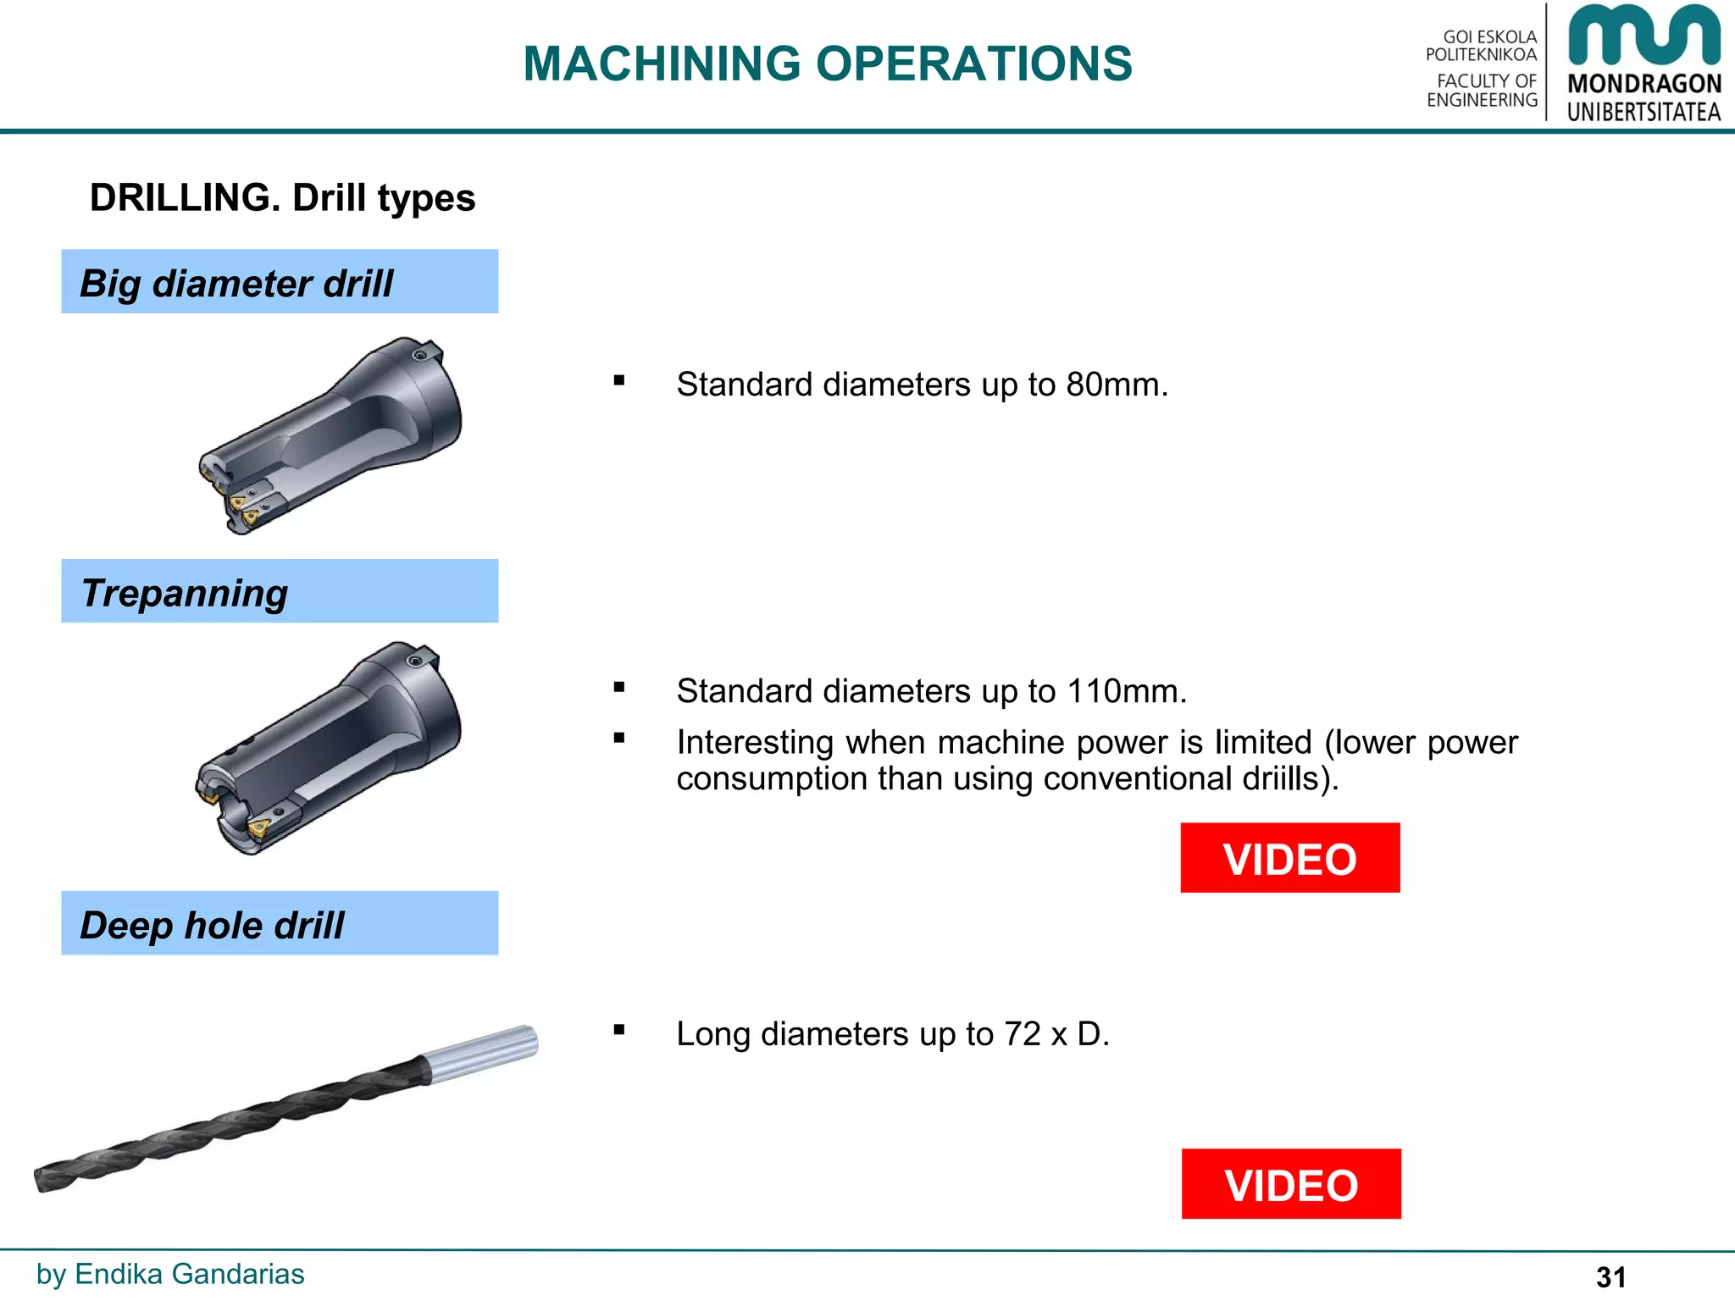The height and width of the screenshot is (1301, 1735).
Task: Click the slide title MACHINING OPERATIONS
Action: (x=827, y=64)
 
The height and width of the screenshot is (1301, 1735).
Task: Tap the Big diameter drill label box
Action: (x=280, y=282)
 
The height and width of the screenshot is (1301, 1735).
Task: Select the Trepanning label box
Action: (x=280, y=592)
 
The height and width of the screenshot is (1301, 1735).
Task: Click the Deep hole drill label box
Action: (x=280, y=924)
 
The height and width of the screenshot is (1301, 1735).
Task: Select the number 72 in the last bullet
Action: (x=1022, y=1035)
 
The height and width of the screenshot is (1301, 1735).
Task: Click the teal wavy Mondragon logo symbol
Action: (x=1644, y=36)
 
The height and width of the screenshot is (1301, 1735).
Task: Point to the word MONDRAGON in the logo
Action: (x=1644, y=84)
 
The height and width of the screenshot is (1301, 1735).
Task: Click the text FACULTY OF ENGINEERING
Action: (x=1483, y=91)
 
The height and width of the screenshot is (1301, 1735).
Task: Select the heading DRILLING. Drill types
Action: (x=282, y=198)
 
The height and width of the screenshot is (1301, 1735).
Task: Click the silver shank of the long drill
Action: (x=481, y=1053)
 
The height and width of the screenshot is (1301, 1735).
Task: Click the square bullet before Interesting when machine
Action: (x=619, y=739)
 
